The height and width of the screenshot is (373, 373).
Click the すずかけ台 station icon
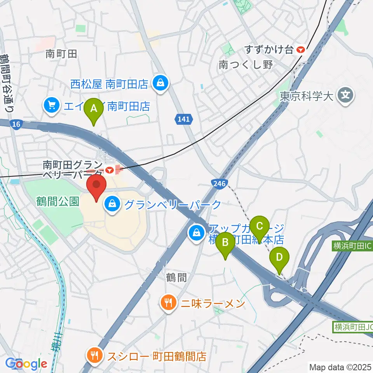(300, 49)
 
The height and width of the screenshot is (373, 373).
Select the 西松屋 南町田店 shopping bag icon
(159, 83)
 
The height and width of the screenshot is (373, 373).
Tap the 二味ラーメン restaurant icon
(168, 302)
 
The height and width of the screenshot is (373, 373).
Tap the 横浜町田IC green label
(352, 246)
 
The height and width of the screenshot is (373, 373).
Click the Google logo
(26, 364)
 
